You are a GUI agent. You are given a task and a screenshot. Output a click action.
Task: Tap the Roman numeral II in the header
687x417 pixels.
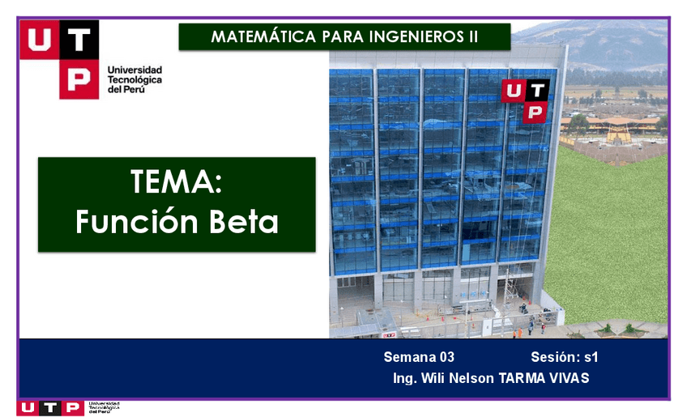click(x=472, y=37)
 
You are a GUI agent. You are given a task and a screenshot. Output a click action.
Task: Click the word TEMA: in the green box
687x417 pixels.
click(x=176, y=182)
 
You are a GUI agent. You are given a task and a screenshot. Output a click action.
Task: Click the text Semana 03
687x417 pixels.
click(x=419, y=357)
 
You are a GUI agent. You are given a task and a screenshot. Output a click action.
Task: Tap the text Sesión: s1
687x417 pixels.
click(x=564, y=357)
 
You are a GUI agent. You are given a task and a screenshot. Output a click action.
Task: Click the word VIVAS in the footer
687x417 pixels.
click(x=569, y=378)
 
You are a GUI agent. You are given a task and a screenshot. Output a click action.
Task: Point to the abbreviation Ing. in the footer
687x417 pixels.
click(x=404, y=378)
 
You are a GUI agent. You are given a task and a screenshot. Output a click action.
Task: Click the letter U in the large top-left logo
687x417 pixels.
click(x=40, y=38)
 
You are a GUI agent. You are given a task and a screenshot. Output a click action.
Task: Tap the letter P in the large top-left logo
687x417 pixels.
click(x=79, y=79)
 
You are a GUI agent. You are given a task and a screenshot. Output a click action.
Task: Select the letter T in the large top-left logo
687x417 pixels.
click(x=79, y=38)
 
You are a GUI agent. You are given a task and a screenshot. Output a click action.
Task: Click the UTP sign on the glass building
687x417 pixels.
click(x=525, y=100)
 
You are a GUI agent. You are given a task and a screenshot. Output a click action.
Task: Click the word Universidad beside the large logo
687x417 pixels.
click(x=134, y=70)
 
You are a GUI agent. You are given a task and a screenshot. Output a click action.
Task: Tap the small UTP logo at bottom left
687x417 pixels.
click(x=49, y=407)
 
